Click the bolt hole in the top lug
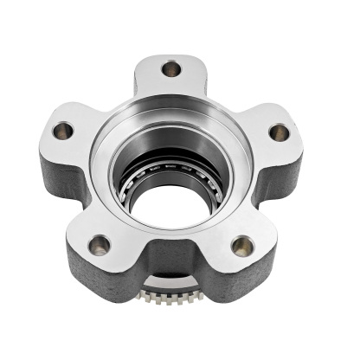coord(171,67)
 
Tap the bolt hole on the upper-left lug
coord(63,131)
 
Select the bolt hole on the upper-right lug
coord(279,132)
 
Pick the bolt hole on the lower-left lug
coord(100,244)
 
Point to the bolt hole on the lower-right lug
coord(243,246)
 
